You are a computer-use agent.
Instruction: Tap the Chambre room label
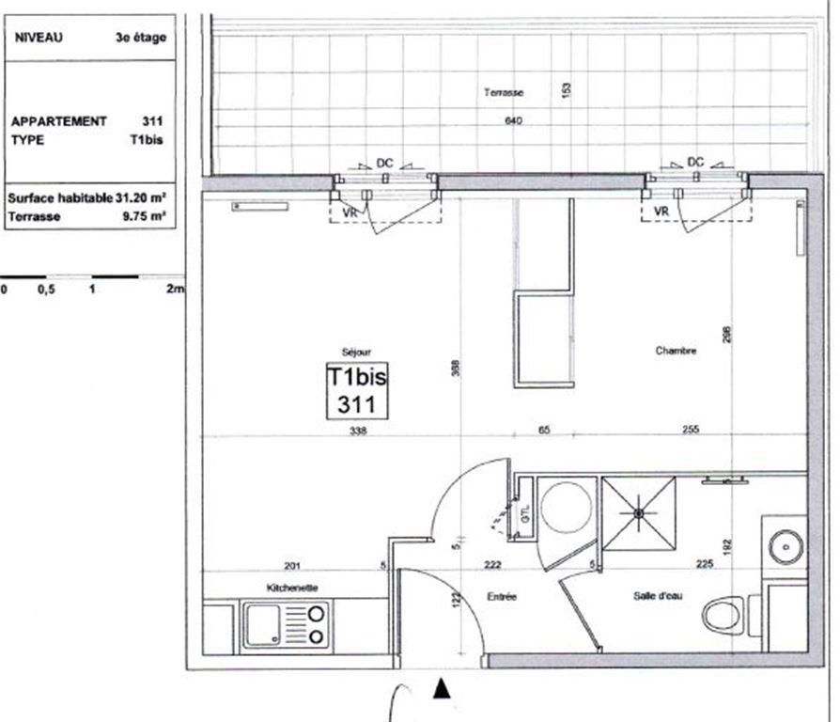[676, 351]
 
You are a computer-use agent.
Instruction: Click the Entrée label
[502, 596]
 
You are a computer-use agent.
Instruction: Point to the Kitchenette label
[292, 588]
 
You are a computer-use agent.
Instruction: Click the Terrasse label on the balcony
[503, 92]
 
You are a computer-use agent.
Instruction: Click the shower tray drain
[638, 513]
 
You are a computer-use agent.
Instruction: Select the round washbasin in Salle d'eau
[783, 544]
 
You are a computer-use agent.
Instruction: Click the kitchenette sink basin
[266, 626]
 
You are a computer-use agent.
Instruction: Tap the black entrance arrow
[441, 691]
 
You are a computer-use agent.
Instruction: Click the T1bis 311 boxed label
[356, 390]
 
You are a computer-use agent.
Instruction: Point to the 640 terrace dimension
[512, 121]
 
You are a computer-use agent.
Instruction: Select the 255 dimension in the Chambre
[690, 430]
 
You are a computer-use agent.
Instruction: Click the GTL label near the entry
[524, 514]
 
